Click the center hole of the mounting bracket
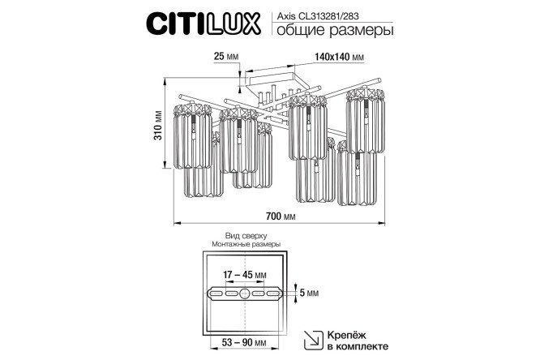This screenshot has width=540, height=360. coord(245,294)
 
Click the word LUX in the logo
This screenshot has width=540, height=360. coord(236,22)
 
